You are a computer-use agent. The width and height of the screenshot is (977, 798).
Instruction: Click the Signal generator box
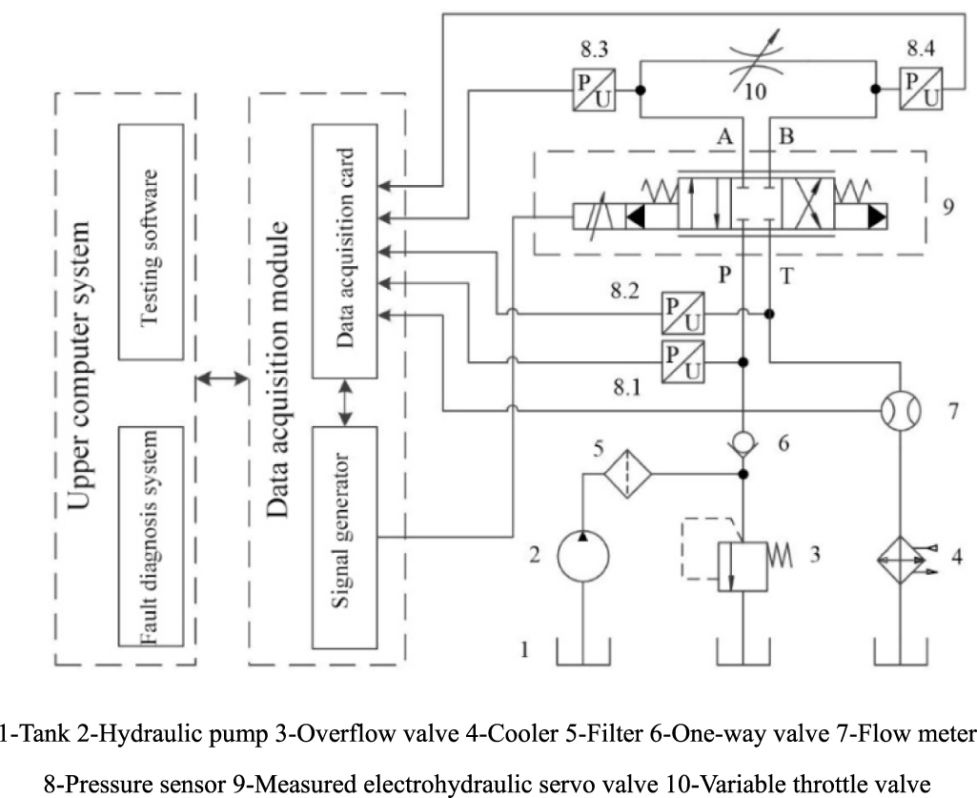tap(345, 537)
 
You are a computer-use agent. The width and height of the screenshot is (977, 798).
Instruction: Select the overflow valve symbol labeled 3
tap(743, 567)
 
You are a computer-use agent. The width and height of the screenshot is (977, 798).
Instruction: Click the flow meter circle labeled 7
tap(899, 413)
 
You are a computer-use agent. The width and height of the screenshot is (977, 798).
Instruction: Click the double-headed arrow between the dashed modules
tap(221, 380)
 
